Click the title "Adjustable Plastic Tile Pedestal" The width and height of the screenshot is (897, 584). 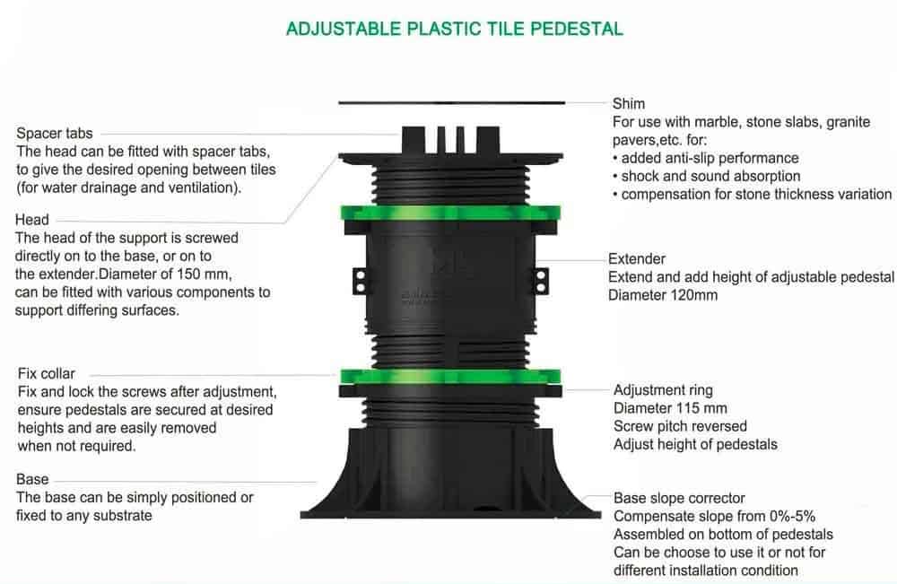[x=455, y=29]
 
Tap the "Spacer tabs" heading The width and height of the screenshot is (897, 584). [x=55, y=134]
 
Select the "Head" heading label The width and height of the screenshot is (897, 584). [x=32, y=220]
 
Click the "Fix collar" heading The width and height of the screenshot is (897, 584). [x=47, y=373]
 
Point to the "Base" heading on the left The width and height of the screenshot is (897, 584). [x=32, y=479]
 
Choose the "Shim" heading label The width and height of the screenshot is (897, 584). [x=629, y=103]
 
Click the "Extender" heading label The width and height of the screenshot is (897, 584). [x=637, y=258]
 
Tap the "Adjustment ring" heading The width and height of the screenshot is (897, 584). [x=663, y=390]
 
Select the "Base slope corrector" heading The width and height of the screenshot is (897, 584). [x=679, y=498]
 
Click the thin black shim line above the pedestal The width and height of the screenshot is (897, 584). [x=451, y=103]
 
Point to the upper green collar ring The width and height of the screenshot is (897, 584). [x=451, y=214]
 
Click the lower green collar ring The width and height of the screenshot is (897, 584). [x=451, y=377]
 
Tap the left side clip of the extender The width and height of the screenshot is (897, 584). [x=360, y=282]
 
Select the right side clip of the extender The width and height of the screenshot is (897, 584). [x=541, y=282]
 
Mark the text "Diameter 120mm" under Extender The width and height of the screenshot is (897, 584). [x=663, y=295]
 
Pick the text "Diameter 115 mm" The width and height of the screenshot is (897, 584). [x=670, y=408]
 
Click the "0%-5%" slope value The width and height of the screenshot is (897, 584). [x=792, y=516]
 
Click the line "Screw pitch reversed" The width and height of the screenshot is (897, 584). [x=680, y=426]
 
